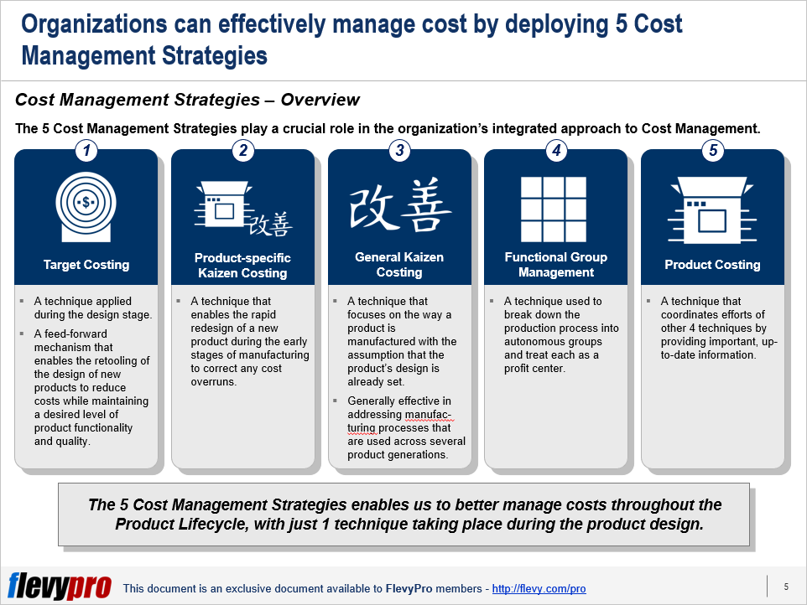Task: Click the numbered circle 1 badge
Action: click(x=86, y=151)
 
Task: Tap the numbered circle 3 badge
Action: click(x=400, y=151)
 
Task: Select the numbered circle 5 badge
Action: click(x=713, y=151)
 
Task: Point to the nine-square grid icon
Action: click(x=554, y=209)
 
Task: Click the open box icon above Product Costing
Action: click(x=712, y=210)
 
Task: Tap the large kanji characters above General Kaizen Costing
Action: click(x=400, y=204)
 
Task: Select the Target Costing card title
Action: click(x=86, y=265)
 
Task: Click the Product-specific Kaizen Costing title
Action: click(x=242, y=266)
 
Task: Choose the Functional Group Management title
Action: click(x=556, y=265)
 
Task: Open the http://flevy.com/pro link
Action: click(x=539, y=588)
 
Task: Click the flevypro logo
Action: click(x=60, y=586)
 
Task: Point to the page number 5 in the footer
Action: click(x=786, y=587)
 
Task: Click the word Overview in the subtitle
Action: click(x=320, y=100)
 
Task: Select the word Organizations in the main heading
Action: click(x=94, y=24)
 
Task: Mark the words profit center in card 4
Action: click(x=534, y=369)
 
